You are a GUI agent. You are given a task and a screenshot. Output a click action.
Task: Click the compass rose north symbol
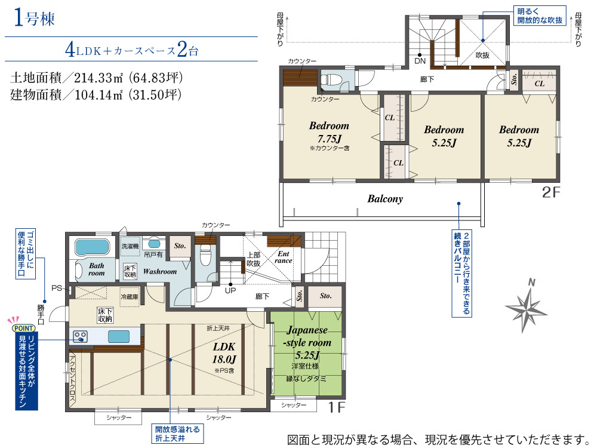(x=526, y=305)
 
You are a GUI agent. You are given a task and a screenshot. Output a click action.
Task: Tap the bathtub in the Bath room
(x=92, y=247)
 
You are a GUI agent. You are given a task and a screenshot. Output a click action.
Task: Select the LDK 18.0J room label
(x=224, y=352)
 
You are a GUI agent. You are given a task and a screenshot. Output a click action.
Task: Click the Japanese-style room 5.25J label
(x=307, y=342)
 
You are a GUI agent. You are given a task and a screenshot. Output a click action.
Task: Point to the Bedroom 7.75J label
(x=329, y=132)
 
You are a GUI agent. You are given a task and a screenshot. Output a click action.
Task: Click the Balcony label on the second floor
(x=385, y=198)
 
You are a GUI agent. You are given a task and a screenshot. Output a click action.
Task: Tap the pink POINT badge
(x=24, y=328)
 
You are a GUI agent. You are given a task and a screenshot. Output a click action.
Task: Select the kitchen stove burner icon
(x=80, y=336)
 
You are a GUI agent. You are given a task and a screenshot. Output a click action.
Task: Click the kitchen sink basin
(x=118, y=336)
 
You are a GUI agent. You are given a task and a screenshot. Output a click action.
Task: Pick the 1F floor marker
(x=337, y=407)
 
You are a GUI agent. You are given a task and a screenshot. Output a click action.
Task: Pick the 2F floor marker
(x=551, y=192)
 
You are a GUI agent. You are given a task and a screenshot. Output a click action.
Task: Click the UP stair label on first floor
(x=230, y=290)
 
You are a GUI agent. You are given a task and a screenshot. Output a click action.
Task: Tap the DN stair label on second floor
(x=420, y=61)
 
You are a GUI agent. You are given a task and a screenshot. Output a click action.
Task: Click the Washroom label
(x=160, y=272)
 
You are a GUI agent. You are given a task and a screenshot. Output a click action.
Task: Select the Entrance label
(x=283, y=257)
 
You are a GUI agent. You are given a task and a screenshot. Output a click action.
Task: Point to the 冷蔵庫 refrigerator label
(x=130, y=297)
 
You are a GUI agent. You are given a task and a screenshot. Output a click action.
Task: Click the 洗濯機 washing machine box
(x=130, y=247)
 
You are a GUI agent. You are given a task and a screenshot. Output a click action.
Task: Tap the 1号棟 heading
(x=34, y=18)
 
